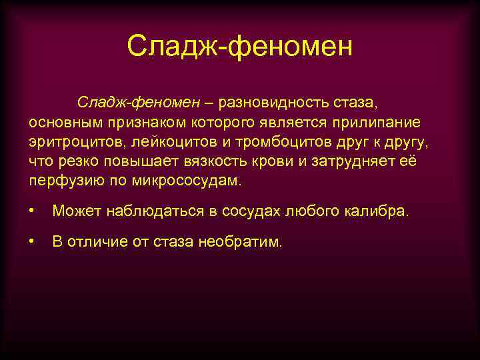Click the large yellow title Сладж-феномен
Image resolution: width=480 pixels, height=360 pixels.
click(239, 47)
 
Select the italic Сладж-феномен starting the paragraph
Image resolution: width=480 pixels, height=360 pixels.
click(138, 102)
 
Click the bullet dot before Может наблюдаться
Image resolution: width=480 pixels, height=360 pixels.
click(32, 211)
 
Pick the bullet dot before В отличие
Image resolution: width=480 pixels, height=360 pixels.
click(32, 242)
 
